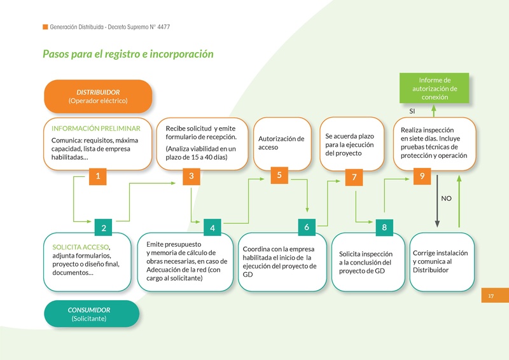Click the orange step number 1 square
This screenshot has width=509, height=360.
(97, 177)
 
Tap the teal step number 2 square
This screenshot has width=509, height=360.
(103, 228)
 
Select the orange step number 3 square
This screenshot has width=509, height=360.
(192, 177)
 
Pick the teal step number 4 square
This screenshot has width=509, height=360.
(213, 228)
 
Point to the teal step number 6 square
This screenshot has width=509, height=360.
(307, 227)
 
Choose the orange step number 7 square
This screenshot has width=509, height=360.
(354, 178)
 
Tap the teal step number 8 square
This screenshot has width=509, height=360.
(384, 227)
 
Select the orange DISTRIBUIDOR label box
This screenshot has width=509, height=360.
(98, 96)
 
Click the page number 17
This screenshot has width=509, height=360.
(491, 296)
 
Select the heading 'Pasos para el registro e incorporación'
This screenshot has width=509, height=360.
(128, 54)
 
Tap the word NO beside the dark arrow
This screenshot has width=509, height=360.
(446, 198)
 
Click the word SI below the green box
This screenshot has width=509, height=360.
(412, 111)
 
